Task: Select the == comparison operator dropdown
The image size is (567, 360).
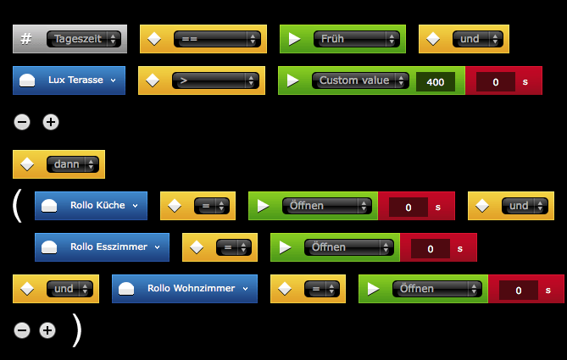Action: pos(215,39)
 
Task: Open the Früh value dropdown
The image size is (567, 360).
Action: pos(355,39)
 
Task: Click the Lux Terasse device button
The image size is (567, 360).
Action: pos(69,80)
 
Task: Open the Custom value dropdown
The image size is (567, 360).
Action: pos(359,80)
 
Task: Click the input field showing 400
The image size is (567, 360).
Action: pos(436,82)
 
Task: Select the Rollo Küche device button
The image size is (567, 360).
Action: pos(91,206)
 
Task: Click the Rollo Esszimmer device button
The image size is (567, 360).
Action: pos(102,247)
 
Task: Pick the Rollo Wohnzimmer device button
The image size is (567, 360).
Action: pos(185,289)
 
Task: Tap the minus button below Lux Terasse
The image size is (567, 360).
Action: pos(23,122)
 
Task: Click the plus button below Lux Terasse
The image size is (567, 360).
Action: pos(51,122)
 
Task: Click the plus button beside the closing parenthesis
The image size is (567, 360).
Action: pos(47,330)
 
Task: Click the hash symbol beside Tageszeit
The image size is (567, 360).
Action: pos(26,39)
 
